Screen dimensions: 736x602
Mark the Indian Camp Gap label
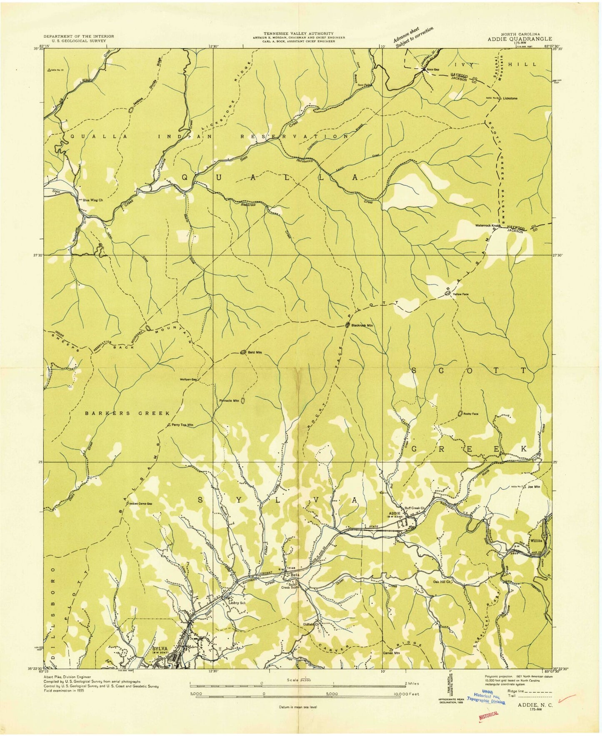coord(141,504)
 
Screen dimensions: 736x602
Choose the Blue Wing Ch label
coord(92,200)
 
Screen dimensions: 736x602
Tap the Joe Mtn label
coord(534,487)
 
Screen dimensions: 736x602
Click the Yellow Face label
coord(461,294)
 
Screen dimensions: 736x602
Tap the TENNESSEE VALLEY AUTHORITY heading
coord(298,33)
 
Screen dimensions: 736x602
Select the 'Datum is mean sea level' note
coord(298,707)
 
